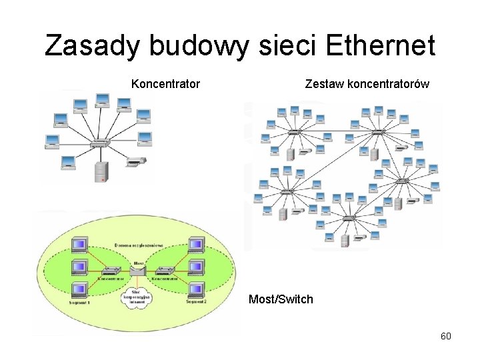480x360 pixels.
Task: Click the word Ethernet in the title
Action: click(381, 46)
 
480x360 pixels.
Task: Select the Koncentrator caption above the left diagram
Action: click(165, 84)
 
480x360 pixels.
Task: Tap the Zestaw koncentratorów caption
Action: click(367, 84)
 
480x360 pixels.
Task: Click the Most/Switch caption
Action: click(280, 299)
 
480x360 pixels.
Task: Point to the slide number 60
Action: click(446, 336)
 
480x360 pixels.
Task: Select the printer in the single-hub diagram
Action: click(135, 161)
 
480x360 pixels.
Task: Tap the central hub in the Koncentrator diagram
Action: click(100, 143)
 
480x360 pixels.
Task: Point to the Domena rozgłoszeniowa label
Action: click(139, 245)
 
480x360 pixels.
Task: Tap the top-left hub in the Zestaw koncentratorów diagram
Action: click(293, 133)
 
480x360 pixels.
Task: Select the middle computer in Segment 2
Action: click(196, 267)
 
